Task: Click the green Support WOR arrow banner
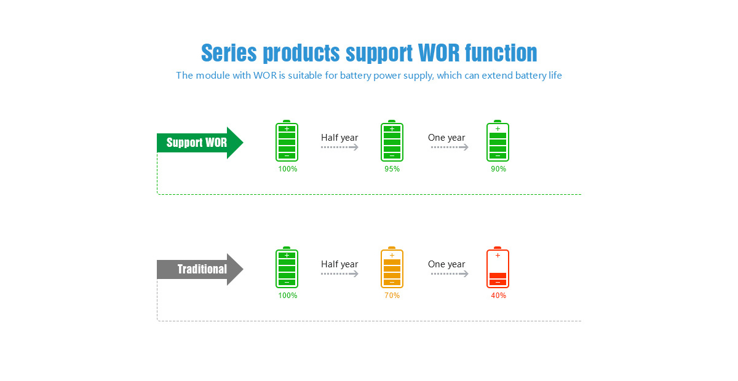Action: pos(200,143)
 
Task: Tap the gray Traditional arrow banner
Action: pos(200,269)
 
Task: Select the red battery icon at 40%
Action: pos(498,267)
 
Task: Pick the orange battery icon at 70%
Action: pos(392,267)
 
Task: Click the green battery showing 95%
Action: pos(392,141)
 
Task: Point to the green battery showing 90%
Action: pos(498,141)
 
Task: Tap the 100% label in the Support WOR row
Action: pos(288,169)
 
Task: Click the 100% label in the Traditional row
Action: pos(288,296)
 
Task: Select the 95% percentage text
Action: pos(392,169)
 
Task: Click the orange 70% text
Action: pos(392,296)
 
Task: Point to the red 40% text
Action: pos(499,296)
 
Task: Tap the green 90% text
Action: pos(499,169)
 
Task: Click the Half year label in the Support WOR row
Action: pos(339,138)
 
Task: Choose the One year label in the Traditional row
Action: pos(446,264)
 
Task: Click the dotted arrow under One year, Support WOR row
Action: pos(450,147)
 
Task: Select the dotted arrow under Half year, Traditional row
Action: pos(339,273)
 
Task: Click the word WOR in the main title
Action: pos(438,53)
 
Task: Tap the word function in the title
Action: pos(501,53)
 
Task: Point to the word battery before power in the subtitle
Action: pos(355,76)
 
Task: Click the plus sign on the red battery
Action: pos(498,255)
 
